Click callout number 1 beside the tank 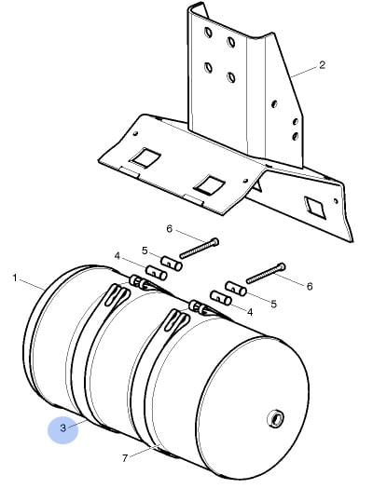15,278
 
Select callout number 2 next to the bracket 322,65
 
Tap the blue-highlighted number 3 62,427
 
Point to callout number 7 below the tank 125,458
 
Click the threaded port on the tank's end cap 276,418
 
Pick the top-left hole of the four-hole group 208,33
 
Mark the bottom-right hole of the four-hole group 231,77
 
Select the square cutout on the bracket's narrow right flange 314,208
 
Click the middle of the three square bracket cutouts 210,184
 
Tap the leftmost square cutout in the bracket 145,156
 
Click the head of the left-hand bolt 215,242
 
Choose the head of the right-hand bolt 282,266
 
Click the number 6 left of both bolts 169,229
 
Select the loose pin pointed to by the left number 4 156,273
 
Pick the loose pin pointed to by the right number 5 237,288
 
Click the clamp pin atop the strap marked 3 138,281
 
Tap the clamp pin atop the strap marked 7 198,306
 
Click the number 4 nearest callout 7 250,312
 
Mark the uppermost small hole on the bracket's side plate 274,103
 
